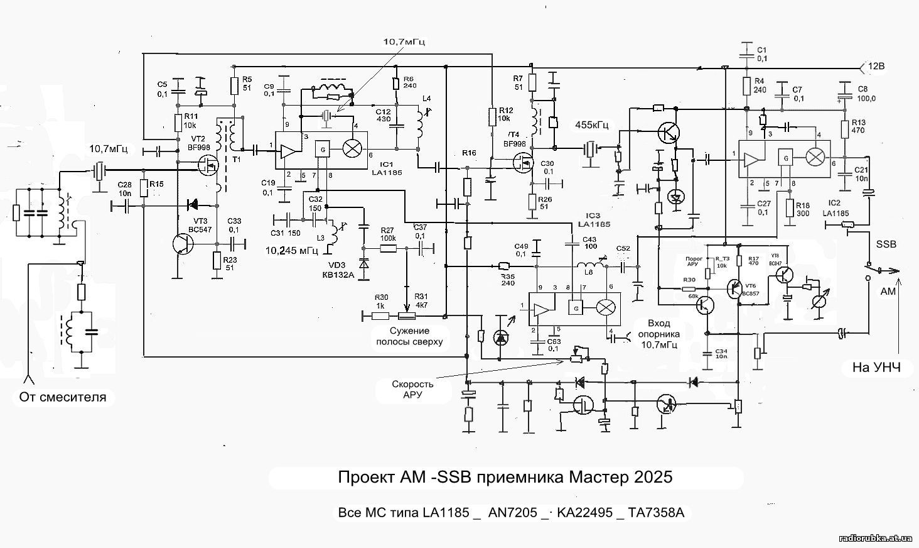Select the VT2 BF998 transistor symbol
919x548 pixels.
tap(207, 166)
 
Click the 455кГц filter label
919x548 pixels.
tap(592, 125)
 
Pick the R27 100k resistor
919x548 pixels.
tap(388, 248)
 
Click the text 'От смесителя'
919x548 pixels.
tap(62, 397)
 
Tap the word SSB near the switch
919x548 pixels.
tap(886, 244)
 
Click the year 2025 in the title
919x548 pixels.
tap(653, 477)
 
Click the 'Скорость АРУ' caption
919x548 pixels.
tap(412, 389)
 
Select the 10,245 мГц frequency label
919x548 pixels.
tap(291, 250)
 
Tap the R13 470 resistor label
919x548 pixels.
tap(859, 126)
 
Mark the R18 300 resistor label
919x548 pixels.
tap(802, 209)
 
